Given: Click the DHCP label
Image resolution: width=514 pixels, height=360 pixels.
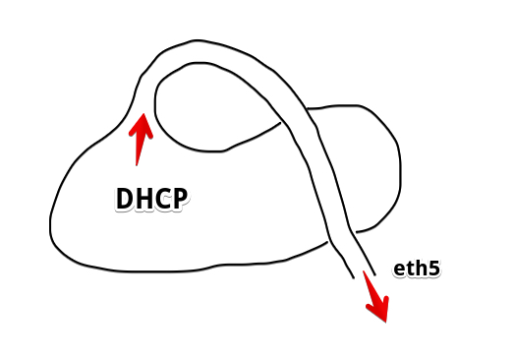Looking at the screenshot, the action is pyautogui.click(x=151, y=199).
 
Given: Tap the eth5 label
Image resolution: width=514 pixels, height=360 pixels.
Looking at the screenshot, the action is pyautogui.click(x=416, y=269).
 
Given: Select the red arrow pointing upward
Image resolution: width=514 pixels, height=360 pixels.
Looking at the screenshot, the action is pyautogui.click(x=142, y=138).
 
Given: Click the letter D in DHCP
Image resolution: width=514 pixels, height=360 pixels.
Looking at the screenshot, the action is pyautogui.click(x=125, y=199).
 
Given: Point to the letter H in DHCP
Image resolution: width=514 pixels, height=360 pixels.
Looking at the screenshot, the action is pyautogui.click(x=143, y=199).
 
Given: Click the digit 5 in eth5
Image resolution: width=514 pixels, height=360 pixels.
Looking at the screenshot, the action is pyautogui.click(x=433, y=269).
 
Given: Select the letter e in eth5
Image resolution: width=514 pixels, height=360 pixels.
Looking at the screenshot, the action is pyautogui.click(x=399, y=270).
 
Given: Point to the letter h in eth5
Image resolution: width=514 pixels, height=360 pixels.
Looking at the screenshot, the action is pyautogui.click(x=421, y=268).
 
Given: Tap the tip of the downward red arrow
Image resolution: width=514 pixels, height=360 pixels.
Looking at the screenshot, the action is pyautogui.click(x=385, y=321).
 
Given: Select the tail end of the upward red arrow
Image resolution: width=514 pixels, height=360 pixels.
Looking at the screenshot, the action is pyautogui.click(x=138, y=163).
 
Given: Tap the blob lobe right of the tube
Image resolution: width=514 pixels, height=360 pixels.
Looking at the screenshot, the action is pyautogui.click(x=364, y=167).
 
